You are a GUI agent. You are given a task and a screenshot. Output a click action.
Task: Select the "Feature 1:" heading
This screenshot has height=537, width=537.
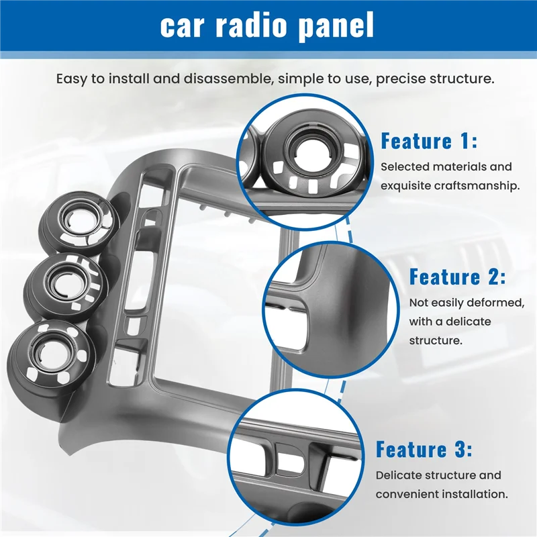(429, 141)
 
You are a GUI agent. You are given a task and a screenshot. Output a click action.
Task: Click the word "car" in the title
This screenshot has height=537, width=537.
(185, 26)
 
